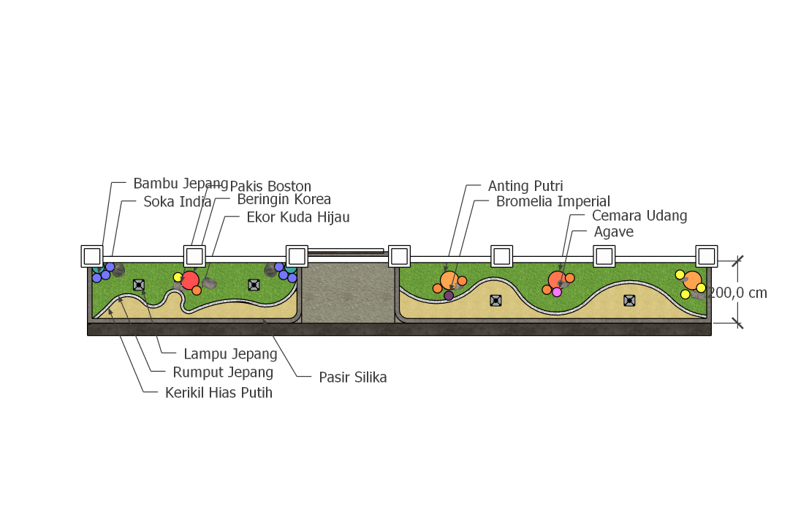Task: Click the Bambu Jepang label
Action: tap(181, 184)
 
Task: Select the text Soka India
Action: tap(177, 201)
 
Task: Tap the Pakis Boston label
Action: tap(270, 187)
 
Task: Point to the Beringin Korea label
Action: tap(284, 199)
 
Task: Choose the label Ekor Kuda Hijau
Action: tap(298, 217)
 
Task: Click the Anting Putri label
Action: tap(525, 187)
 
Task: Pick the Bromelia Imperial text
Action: tap(552, 201)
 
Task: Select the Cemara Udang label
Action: tap(639, 216)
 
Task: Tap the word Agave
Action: tap(614, 232)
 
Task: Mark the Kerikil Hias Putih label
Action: tap(219, 393)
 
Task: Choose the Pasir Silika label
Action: tap(353, 378)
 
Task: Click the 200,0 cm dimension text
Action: tap(738, 293)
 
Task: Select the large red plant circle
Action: tap(190, 280)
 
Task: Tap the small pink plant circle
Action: tap(557, 292)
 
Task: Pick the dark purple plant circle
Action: tap(449, 296)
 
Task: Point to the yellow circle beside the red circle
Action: tap(178, 277)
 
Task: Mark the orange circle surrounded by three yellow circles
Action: tap(692, 280)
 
